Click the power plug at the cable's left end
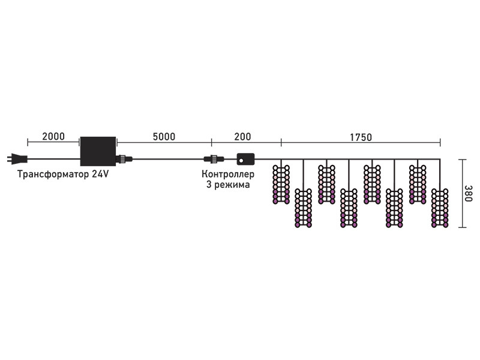[17, 159]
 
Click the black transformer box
[98, 151]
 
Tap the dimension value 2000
[53, 137]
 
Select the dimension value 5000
[164, 137]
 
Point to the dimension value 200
[242, 137]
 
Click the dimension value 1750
[361, 137]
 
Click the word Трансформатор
[53, 174]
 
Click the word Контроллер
[228, 174]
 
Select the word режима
[232, 185]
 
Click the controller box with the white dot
[245, 159]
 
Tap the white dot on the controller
[241, 160]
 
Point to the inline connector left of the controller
[214, 159]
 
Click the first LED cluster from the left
[281, 185]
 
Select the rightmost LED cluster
[440, 208]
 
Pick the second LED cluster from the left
[304, 208]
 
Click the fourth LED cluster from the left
[349, 208]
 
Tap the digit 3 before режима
[209, 185]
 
